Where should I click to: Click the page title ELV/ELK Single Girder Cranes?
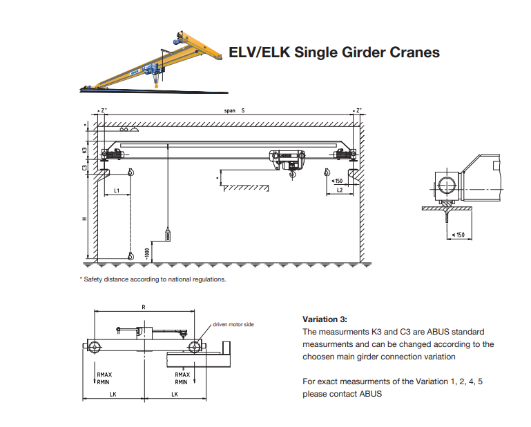coord(334,52)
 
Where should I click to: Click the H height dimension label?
coord(84,219)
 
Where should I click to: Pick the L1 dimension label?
coord(117,189)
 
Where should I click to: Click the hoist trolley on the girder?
coord(287,160)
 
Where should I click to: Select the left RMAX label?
coord(104,374)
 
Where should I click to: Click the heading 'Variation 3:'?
coord(325,319)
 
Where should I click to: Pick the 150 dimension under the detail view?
coord(457,235)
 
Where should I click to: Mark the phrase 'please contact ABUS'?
coord(342,394)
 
